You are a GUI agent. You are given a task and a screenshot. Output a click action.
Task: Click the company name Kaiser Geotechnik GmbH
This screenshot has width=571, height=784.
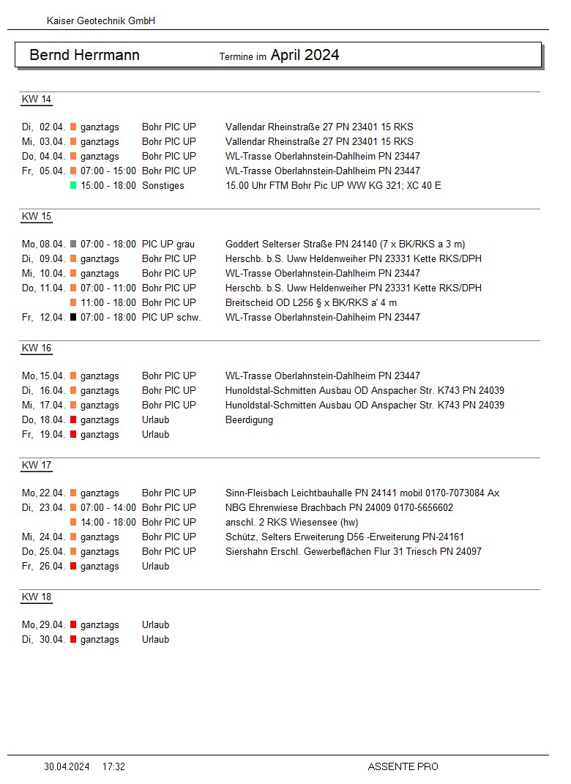pyautogui.click(x=100, y=21)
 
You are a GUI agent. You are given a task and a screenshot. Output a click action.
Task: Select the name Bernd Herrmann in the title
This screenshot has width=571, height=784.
pyautogui.click(x=84, y=55)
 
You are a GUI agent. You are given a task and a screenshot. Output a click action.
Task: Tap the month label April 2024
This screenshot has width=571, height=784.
pyautogui.click(x=305, y=55)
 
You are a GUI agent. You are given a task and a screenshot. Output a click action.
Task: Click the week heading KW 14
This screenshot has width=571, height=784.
pyautogui.click(x=36, y=100)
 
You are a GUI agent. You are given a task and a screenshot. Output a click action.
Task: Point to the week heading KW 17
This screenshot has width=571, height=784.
pyautogui.click(x=36, y=466)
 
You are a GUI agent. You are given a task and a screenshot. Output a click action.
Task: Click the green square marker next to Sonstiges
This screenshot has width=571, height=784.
pyautogui.click(x=73, y=185)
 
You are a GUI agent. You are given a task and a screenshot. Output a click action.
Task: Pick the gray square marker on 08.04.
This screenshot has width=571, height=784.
pyautogui.click(x=73, y=244)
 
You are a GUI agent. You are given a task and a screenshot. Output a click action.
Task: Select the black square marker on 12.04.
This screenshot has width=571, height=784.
pyautogui.click(x=73, y=317)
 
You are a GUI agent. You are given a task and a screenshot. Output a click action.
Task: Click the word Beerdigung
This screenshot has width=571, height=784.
pyautogui.click(x=249, y=420)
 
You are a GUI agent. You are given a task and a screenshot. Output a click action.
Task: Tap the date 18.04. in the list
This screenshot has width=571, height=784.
pyautogui.click(x=53, y=420)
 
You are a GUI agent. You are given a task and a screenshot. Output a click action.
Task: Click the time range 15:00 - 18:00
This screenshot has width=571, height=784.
pyautogui.click(x=108, y=185)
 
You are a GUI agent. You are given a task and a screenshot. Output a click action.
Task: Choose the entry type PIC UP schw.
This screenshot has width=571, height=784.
pyautogui.click(x=171, y=317)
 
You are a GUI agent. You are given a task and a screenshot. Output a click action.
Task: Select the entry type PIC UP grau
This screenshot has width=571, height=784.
pyautogui.click(x=168, y=244)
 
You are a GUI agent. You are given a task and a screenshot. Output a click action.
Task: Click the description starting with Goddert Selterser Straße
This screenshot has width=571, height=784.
pyautogui.click(x=345, y=244)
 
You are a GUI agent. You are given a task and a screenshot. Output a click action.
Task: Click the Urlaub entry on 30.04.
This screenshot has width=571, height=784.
pyautogui.click(x=155, y=639)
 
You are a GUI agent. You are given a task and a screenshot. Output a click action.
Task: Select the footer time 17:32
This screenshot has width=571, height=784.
pyautogui.click(x=113, y=766)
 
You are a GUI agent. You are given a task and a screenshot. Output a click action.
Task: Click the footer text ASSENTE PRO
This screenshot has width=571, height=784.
pyautogui.click(x=403, y=766)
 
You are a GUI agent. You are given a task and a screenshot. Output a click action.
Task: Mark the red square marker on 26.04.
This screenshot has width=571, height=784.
pyautogui.click(x=73, y=566)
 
